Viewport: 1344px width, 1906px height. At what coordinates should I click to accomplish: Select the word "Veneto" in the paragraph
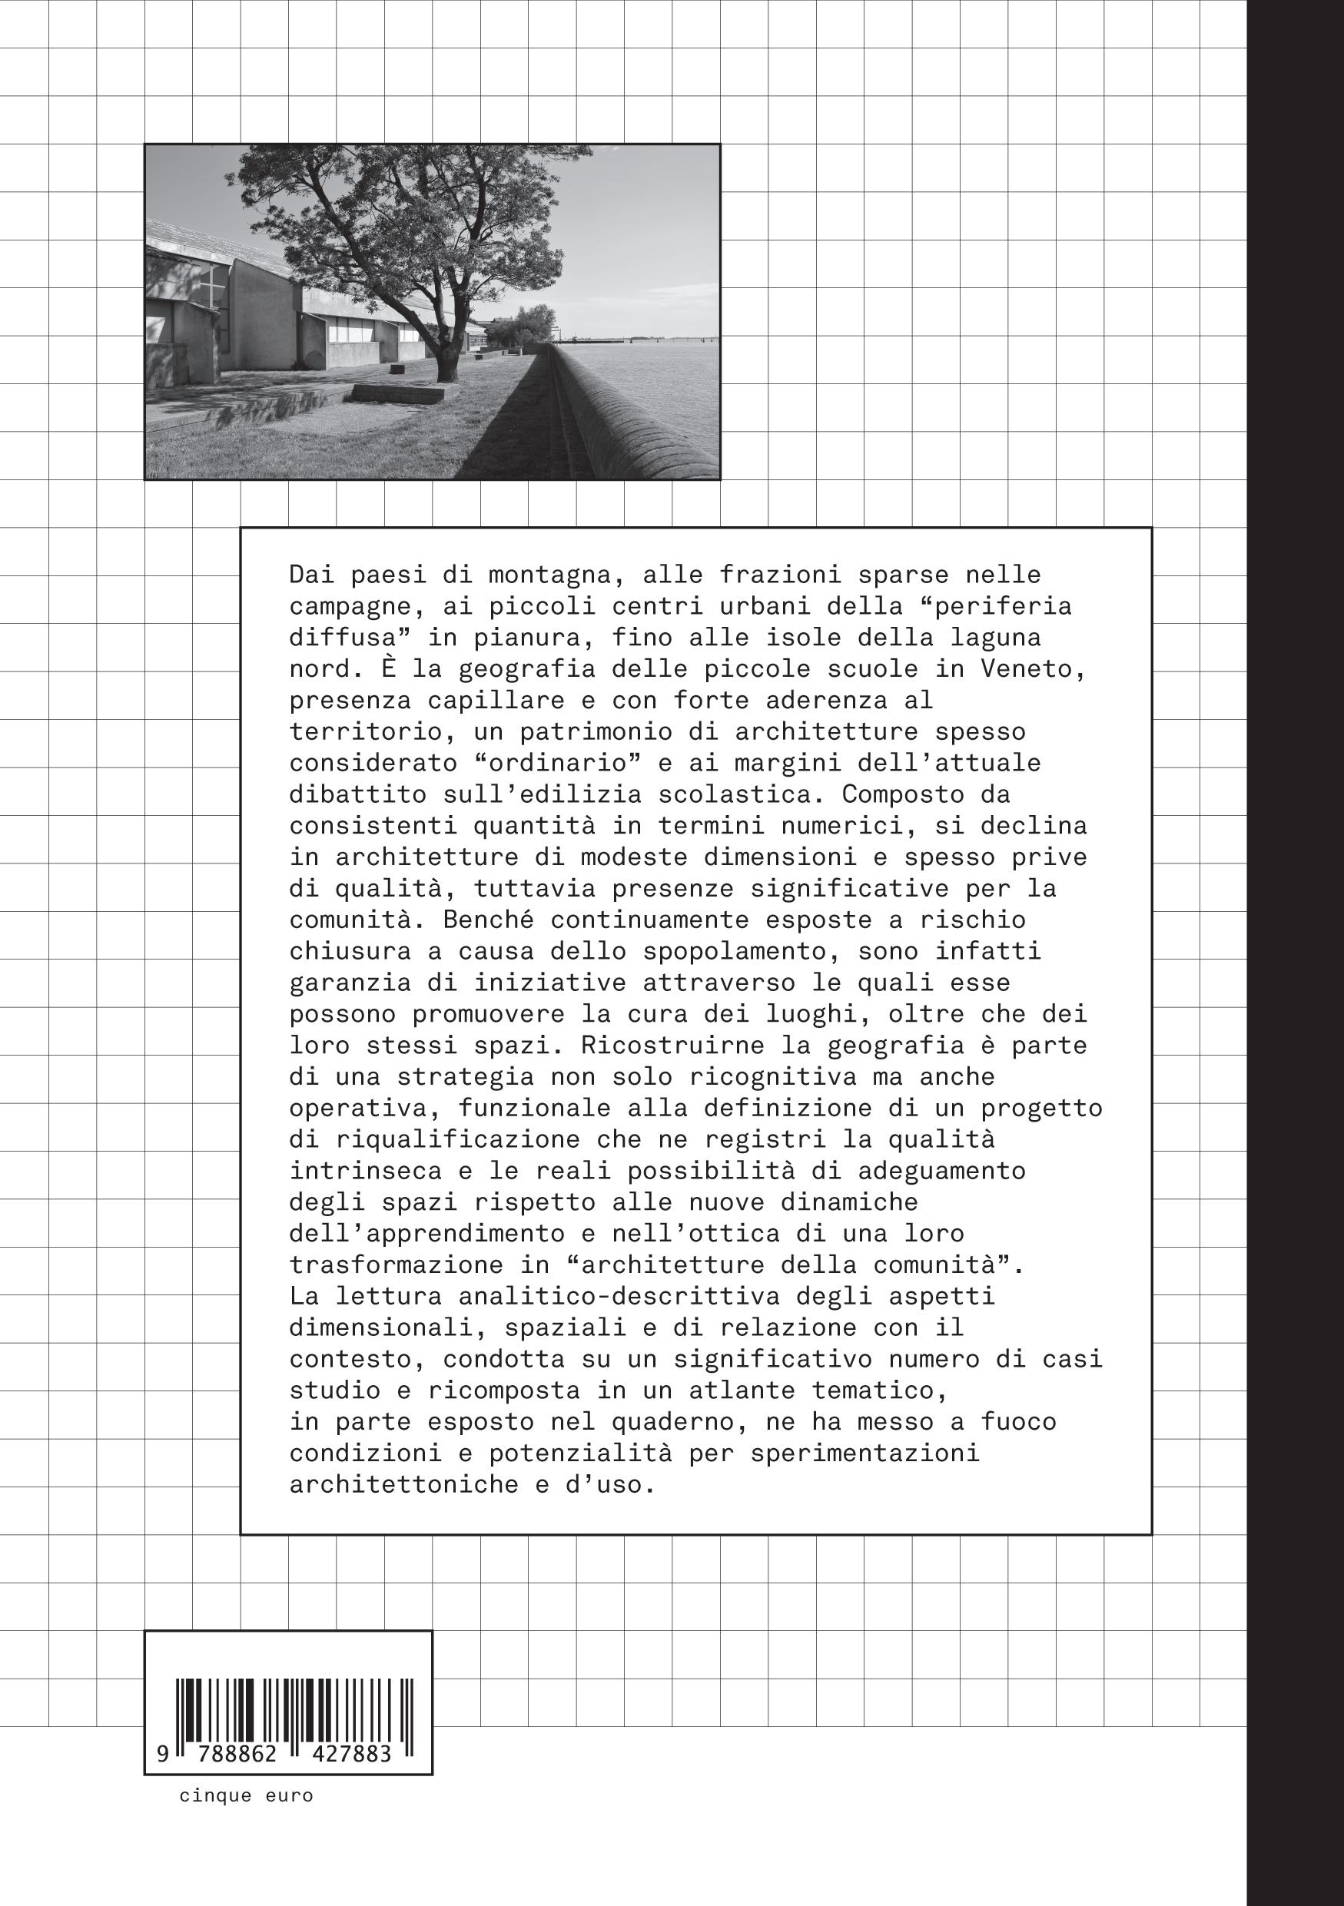coord(1033,669)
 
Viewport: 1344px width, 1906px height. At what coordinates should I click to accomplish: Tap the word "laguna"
coord(995,638)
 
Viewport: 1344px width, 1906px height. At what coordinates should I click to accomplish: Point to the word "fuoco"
coord(1019,1422)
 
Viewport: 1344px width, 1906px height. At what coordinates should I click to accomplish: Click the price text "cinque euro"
coord(246,1795)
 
